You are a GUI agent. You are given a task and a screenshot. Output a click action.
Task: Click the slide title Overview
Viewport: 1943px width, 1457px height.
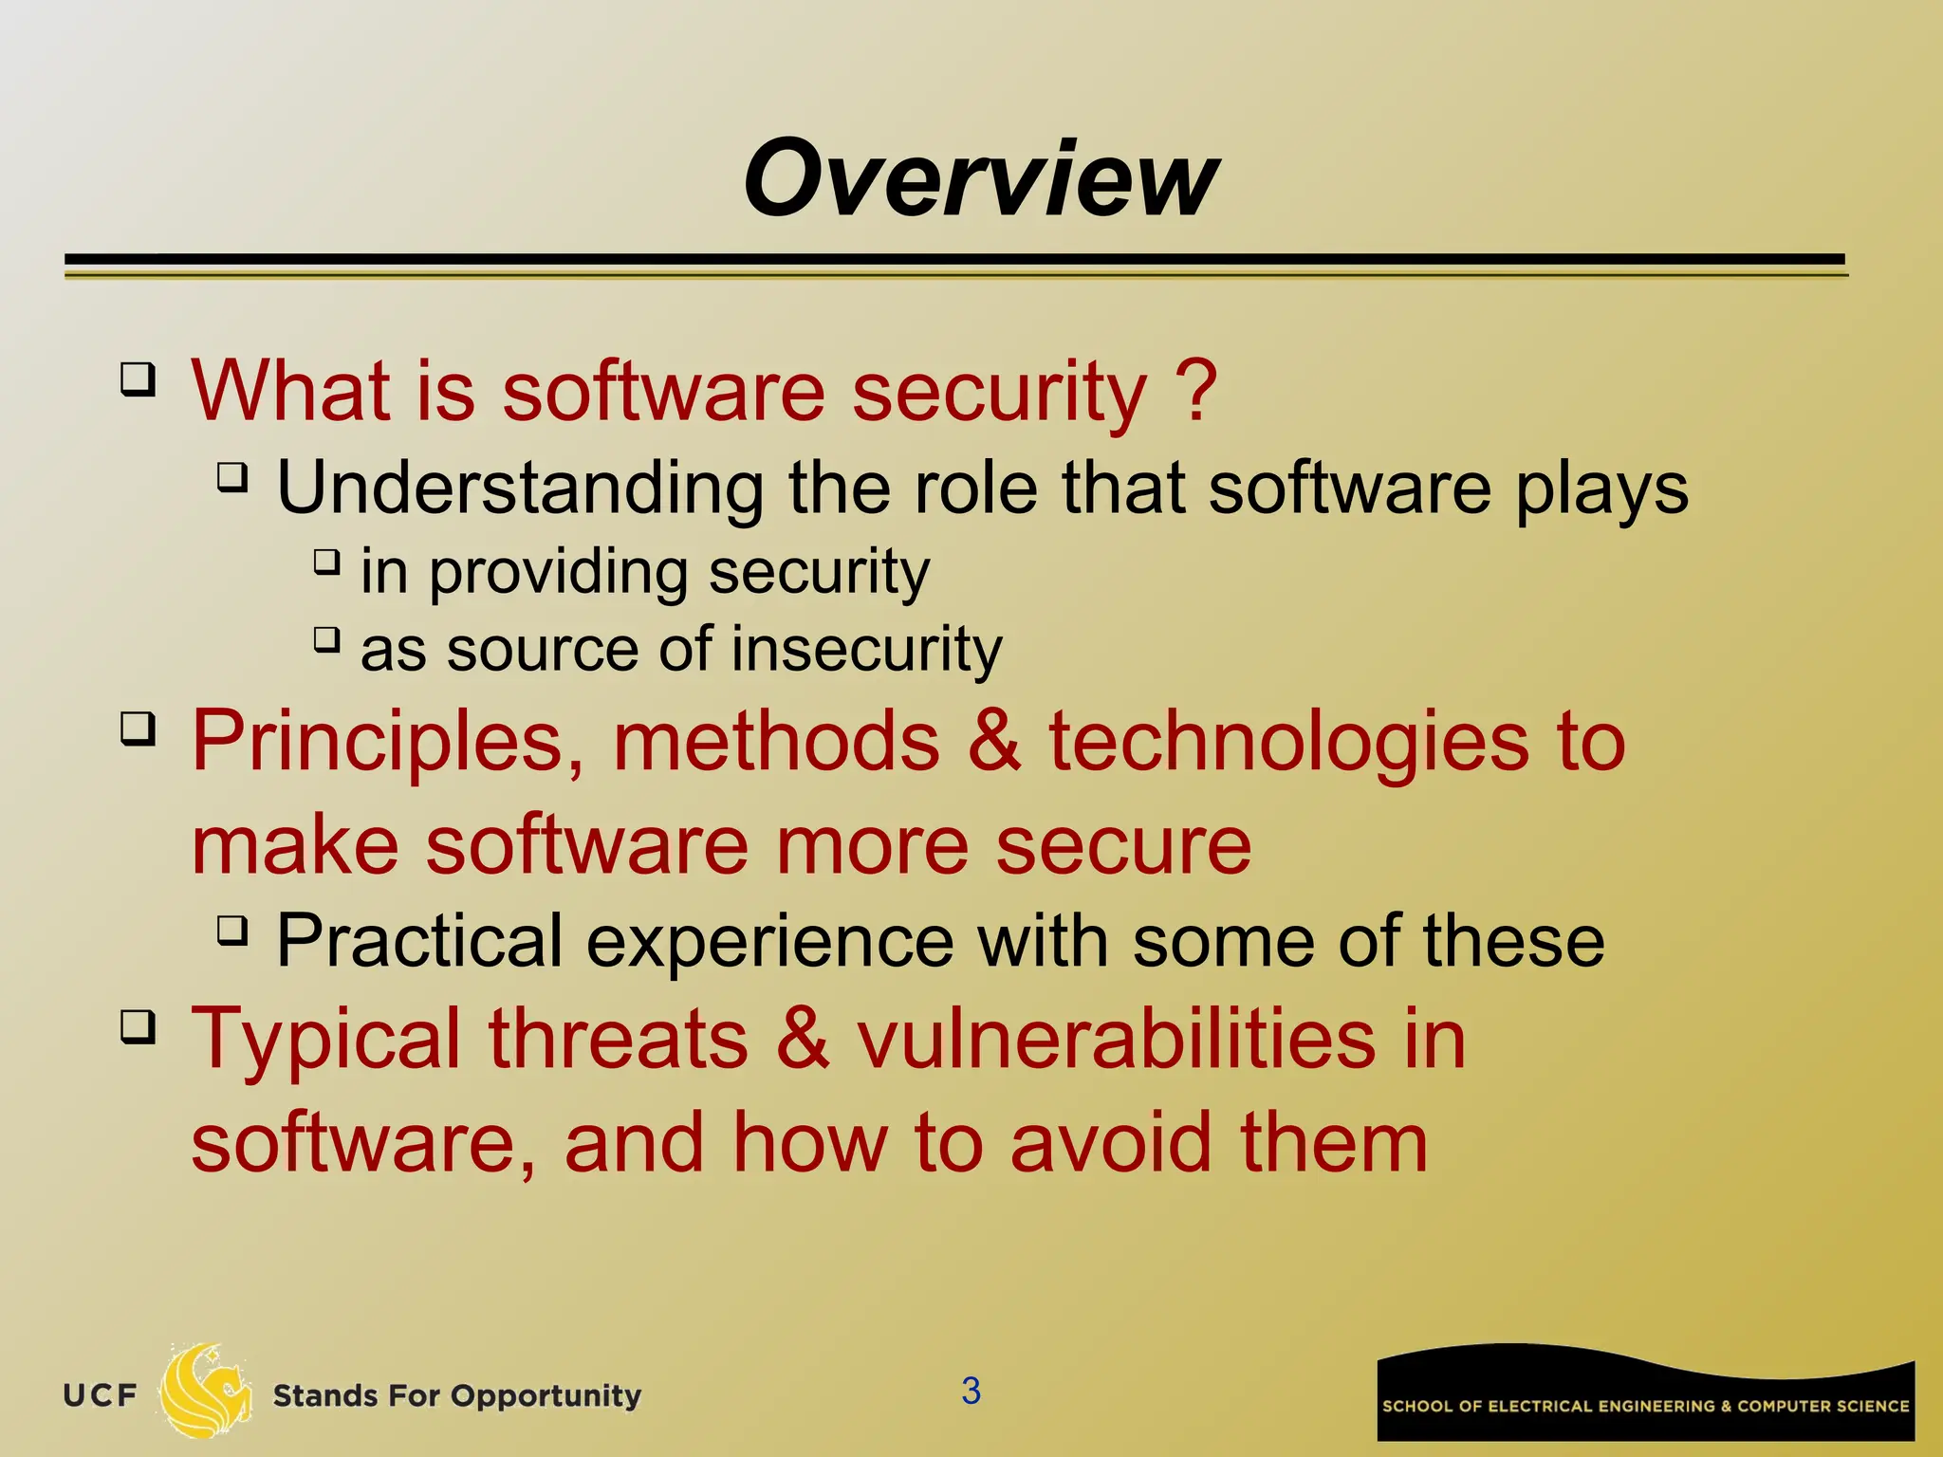980,178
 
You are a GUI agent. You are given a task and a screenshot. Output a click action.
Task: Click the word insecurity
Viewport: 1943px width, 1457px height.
865,650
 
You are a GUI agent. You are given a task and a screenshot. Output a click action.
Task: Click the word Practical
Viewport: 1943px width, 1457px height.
419,940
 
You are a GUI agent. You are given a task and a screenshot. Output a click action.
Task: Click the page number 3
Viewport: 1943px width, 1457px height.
971,1391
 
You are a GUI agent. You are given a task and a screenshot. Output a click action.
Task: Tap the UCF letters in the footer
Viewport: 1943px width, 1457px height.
100,1395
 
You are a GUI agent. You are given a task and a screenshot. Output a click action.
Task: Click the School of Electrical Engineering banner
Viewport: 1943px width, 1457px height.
1645,1394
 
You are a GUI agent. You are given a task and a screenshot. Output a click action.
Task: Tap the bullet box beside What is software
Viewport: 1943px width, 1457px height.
138,380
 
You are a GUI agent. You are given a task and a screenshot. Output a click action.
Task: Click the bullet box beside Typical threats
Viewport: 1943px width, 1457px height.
138,1027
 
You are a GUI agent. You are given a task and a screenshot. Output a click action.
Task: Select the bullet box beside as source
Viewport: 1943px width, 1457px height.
325,640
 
